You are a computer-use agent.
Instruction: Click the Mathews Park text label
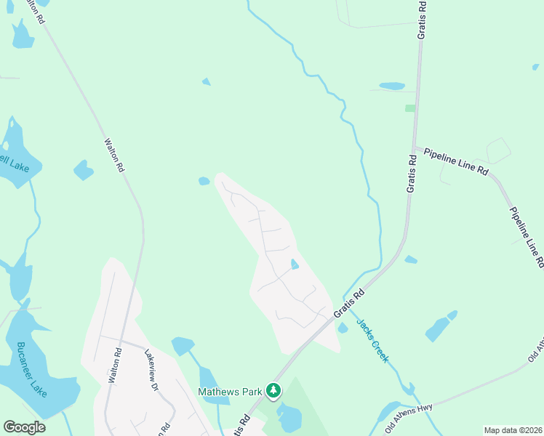coord(230,392)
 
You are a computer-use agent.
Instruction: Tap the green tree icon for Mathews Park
coord(273,391)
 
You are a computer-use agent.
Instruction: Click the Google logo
coord(24,427)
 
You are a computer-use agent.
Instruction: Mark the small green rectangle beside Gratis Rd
coord(410,108)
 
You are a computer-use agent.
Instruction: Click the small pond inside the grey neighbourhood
coord(295,265)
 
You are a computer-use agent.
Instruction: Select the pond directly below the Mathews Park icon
coord(289,419)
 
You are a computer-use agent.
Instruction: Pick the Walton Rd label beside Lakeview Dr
coord(113,366)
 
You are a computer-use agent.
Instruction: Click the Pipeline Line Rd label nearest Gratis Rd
coord(456,161)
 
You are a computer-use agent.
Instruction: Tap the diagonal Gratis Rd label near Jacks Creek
coord(349,304)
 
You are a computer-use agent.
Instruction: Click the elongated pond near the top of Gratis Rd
coord(391,86)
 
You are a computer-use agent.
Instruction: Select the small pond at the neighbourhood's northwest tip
coord(204,181)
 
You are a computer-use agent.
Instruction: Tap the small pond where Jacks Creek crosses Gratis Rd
coord(343,328)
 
